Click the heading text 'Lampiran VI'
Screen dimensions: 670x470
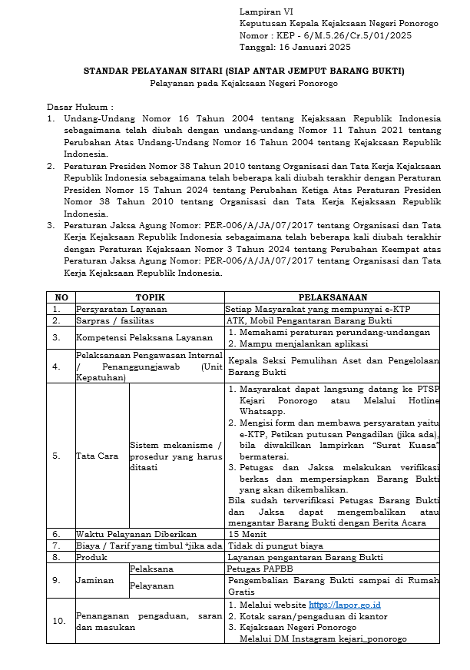pyautogui.click(x=262, y=12)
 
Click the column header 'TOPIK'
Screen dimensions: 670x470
pyautogui.click(x=151, y=297)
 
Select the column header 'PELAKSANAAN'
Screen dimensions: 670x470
pyautogui.click(x=333, y=297)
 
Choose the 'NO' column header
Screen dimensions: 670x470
pyautogui.click(x=61, y=297)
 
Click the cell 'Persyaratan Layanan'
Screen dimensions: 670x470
pyautogui.click(x=121, y=309)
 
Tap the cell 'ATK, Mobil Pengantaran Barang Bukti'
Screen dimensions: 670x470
pyautogui.click(x=309, y=320)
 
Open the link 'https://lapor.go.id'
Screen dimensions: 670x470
pyautogui.click(x=344, y=605)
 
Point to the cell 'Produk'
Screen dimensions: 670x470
pyautogui.click(x=91, y=557)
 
